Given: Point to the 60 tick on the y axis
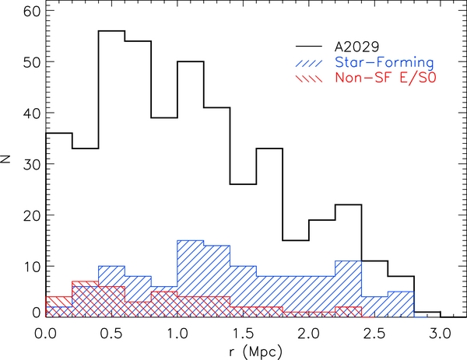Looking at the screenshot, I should (31, 11).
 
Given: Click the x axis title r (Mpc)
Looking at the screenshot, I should (244, 350).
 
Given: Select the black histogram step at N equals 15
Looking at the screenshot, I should (296, 240).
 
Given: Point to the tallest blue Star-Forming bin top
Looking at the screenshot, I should (191, 240).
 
